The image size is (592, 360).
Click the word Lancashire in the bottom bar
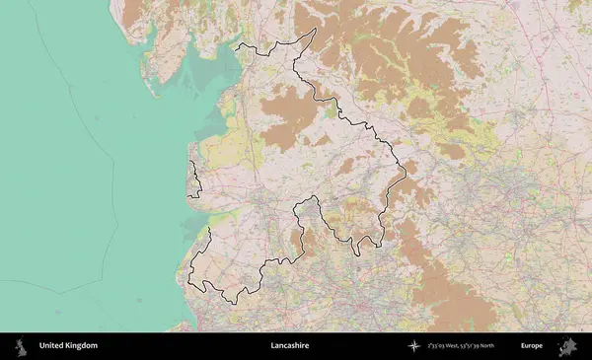[x=289, y=346]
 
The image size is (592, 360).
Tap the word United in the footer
[x=52, y=346]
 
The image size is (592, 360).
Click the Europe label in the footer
[x=532, y=346]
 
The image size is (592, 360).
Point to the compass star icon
[x=415, y=346]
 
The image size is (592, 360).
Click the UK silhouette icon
[x=20, y=346]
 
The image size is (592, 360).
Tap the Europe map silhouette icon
[x=568, y=346]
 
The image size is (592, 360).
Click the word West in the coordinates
[x=456, y=346]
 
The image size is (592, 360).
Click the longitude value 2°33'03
[x=437, y=346]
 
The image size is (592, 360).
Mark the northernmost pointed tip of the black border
[x=315, y=29]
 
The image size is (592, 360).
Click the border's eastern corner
[x=405, y=173]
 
